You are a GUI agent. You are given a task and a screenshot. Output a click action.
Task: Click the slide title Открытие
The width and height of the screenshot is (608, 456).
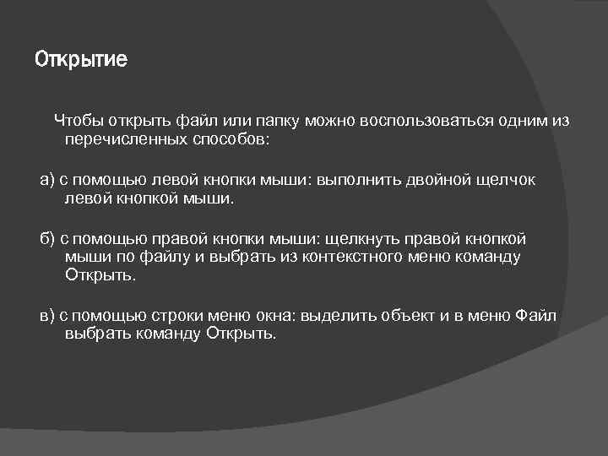81,60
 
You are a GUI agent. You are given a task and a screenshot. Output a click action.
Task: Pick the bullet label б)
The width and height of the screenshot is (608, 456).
47,239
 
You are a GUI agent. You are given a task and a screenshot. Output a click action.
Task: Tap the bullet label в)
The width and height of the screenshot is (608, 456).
47,316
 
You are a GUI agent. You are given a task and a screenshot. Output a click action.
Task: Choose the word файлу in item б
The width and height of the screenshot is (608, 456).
171,257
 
